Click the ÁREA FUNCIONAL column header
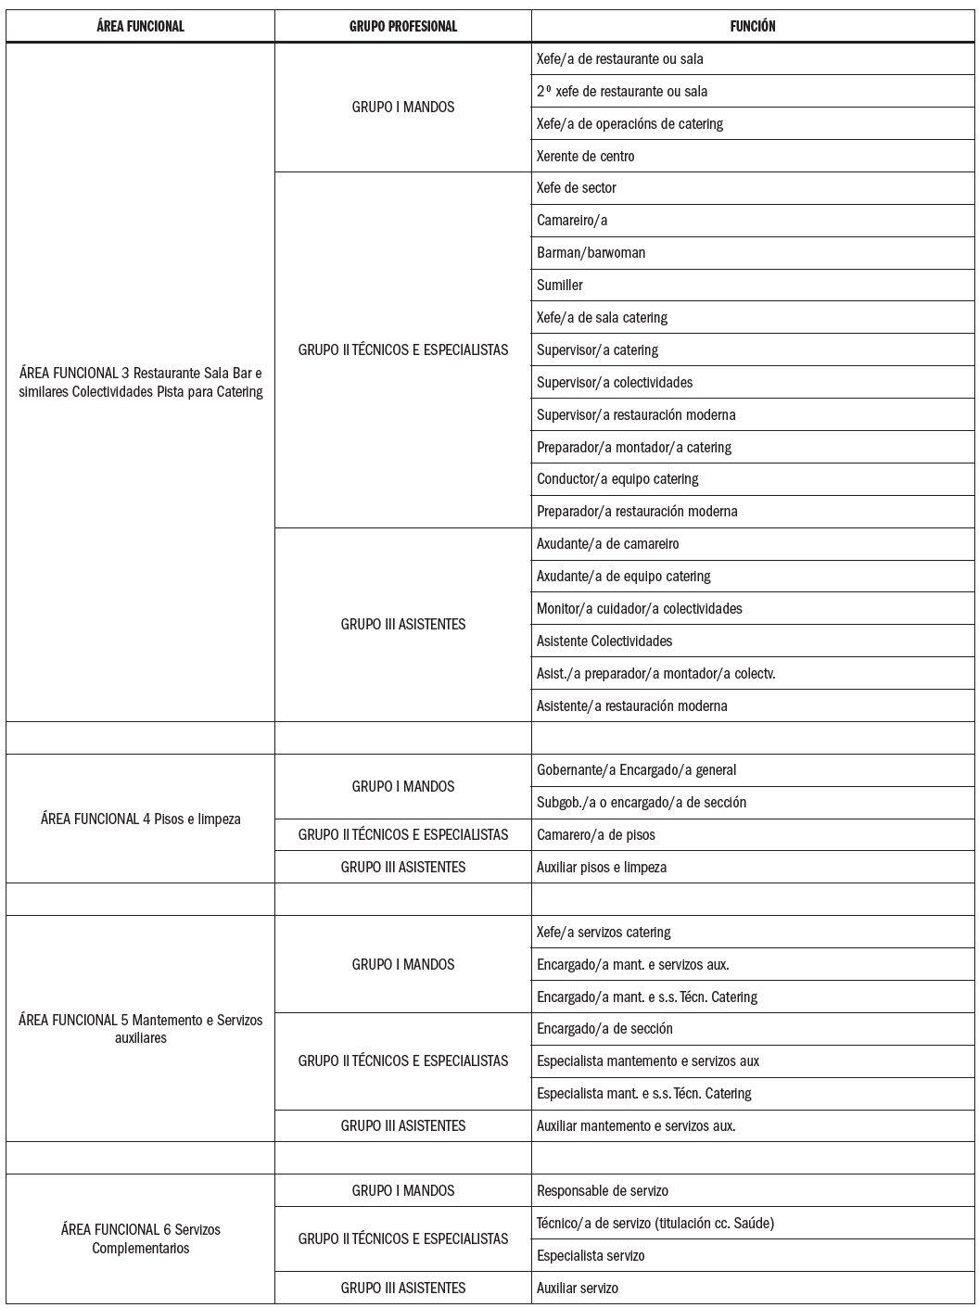point(140,26)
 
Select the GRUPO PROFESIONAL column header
point(403,26)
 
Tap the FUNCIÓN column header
point(753,26)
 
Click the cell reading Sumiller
point(560,285)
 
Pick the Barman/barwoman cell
point(591,252)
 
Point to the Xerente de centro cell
point(586,156)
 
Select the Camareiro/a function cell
point(572,220)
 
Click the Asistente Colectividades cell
point(604,641)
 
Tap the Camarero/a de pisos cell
point(596,834)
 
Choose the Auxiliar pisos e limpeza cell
point(602,867)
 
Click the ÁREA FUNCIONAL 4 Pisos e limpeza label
point(140,819)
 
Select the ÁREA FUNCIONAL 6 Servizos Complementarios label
point(140,1238)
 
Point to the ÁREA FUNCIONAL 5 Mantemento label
point(140,1029)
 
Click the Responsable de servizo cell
point(603,1190)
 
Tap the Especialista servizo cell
point(591,1255)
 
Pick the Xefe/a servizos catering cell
point(604,932)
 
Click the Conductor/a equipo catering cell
point(617,478)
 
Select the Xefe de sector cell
point(577,187)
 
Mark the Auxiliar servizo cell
point(578,1288)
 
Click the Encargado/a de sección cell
point(604,1028)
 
